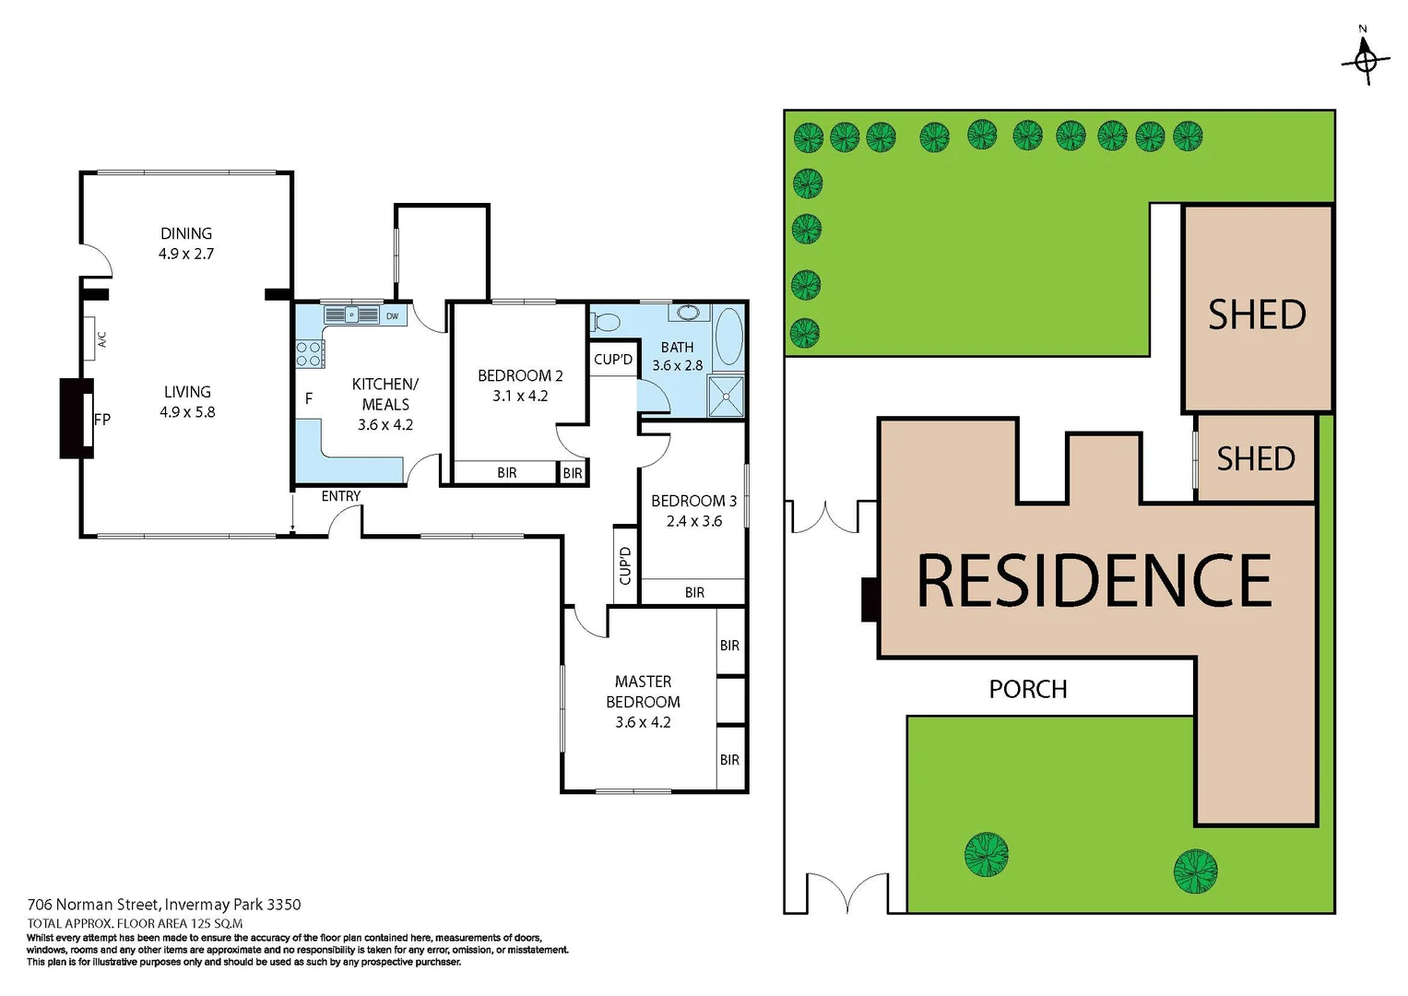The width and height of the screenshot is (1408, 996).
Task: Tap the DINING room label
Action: (186, 234)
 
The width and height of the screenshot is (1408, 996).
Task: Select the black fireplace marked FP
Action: (77, 418)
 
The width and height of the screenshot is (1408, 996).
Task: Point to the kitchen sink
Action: (351, 315)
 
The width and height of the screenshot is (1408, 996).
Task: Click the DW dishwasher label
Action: (393, 316)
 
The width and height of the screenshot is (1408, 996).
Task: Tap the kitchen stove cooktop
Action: (310, 354)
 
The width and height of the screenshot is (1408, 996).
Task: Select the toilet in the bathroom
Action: (606, 322)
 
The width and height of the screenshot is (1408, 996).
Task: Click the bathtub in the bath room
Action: (728, 338)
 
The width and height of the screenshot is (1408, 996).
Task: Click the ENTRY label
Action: (341, 496)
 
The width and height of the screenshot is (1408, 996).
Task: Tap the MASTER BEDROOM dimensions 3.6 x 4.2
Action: (643, 722)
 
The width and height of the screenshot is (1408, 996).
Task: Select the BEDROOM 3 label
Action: (693, 501)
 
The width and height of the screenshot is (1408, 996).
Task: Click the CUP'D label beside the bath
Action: (613, 360)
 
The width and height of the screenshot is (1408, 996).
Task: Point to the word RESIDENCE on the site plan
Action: (1094, 581)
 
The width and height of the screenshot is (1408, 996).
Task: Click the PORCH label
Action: (1028, 689)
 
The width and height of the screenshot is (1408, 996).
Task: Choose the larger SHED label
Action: (1257, 315)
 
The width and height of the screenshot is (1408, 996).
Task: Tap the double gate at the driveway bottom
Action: (848, 893)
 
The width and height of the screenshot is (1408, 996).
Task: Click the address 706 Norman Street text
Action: (164, 905)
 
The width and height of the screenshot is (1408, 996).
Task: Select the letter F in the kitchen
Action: (309, 398)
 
